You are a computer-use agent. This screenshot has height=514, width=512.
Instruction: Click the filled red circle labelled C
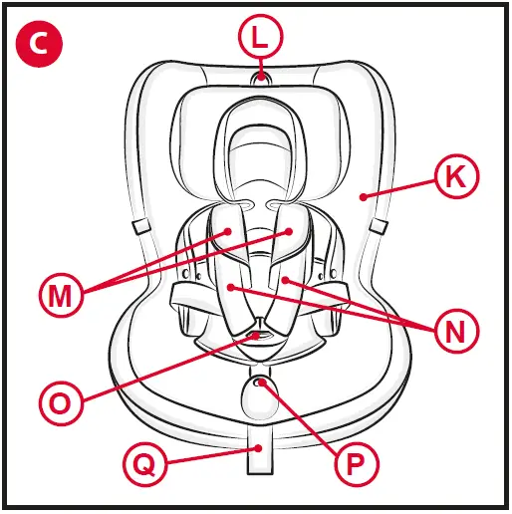(x=40, y=41)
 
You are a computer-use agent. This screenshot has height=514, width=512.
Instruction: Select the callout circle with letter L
(x=260, y=40)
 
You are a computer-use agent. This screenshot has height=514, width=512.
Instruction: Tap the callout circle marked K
(x=456, y=177)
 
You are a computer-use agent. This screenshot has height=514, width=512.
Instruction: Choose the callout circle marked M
(x=62, y=296)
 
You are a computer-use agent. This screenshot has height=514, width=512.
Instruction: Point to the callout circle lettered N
(x=455, y=329)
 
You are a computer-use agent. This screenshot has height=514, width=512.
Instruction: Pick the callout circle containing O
(x=61, y=403)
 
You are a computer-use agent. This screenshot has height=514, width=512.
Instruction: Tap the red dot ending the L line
(x=260, y=75)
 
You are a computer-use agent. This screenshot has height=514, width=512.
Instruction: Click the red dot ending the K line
(x=366, y=196)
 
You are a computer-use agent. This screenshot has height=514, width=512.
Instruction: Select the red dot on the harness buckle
(x=259, y=337)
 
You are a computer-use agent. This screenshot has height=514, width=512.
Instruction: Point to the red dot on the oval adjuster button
(x=260, y=383)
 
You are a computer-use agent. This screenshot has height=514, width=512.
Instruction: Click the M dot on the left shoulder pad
(x=229, y=231)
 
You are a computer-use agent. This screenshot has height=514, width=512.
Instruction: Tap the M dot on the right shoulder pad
(x=291, y=230)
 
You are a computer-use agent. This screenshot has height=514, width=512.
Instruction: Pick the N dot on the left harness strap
(x=231, y=287)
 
